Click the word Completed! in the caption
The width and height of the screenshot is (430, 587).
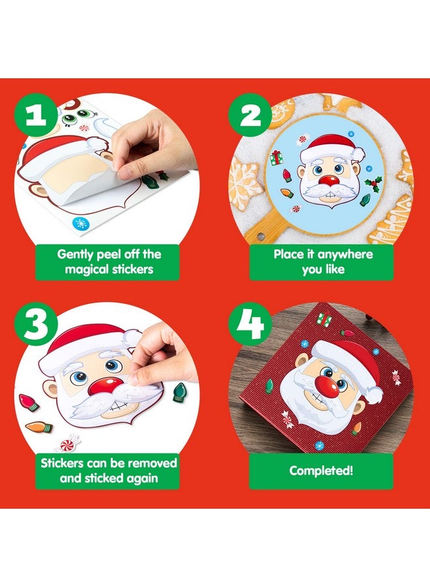pyautogui.click(x=321, y=470)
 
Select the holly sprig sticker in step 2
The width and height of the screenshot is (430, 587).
pyautogui.click(x=373, y=185)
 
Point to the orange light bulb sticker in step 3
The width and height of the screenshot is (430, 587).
pyautogui.click(x=38, y=429)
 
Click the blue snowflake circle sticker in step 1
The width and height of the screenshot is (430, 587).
pyautogui.click(x=81, y=222)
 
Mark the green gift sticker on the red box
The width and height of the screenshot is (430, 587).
pyautogui.click(x=324, y=319)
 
